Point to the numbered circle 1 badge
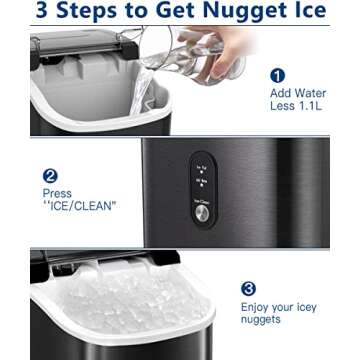point(277,75)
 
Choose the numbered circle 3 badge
point(248,288)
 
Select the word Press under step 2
point(56,192)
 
